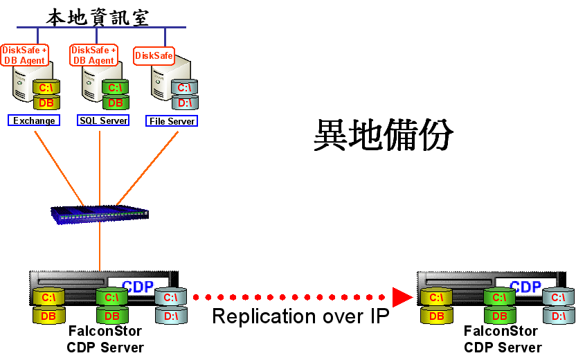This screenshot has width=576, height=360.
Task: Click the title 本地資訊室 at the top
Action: click(x=98, y=17)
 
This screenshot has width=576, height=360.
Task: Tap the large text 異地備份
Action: click(x=384, y=135)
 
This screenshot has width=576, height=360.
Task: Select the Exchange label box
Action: click(x=34, y=120)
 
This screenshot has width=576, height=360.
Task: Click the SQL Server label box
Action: click(x=103, y=120)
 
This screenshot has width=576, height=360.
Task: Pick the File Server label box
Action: click(x=172, y=121)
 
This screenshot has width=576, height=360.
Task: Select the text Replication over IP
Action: click(x=300, y=316)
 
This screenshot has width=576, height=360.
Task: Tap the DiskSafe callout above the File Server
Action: click(x=154, y=55)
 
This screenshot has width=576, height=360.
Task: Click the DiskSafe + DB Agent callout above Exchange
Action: click(x=24, y=55)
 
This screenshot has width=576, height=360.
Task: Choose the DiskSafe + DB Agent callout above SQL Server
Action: click(x=93, y=55)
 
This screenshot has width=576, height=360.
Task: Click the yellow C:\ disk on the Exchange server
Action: click(x=46, y=88)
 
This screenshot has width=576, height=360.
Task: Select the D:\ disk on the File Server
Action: click(x=184, y=103)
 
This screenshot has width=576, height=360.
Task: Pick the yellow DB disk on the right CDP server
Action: click(x=435, y=316)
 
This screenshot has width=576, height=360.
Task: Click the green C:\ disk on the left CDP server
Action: click(x=111, y=298)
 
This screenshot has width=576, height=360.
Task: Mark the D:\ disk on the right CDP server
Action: click(x=558, y=316)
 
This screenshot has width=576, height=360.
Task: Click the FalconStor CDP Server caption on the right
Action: click(x=501, y=340)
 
